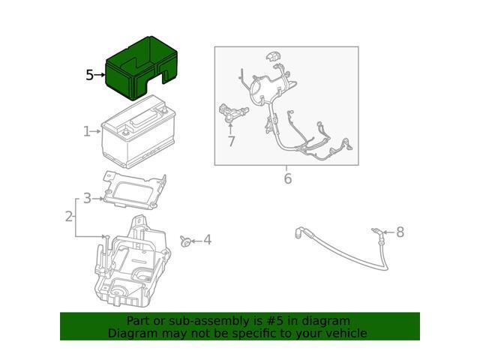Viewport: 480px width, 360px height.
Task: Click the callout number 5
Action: click(89, 75)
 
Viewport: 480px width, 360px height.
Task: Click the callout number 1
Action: click(87, 132)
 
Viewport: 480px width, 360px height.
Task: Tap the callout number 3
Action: click(87, 198)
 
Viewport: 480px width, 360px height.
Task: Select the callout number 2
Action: click(69, 217)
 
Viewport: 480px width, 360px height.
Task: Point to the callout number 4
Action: click(207, 240)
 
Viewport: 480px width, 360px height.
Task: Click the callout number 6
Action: click(286, 178)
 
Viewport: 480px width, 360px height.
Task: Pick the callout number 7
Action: click(231, 140)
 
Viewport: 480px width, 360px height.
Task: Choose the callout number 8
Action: click(400, 232)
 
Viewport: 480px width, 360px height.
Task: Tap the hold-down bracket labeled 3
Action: click(135, 190)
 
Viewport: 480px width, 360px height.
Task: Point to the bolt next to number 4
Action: click(184, 240)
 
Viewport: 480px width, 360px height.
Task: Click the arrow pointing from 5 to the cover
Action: click(100, 75)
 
